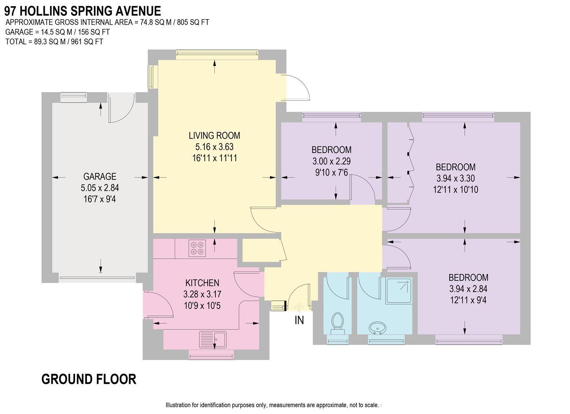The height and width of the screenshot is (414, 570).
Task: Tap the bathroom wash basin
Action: coord(378,328)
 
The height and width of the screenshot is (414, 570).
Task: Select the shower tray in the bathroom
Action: coord(399,291)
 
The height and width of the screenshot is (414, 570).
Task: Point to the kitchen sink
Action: coord(213,340)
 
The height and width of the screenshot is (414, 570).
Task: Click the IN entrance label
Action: coord(299,320)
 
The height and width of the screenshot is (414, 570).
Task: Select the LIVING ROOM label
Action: coord(214,135)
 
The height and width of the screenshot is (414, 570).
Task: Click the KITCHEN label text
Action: coord(202,283)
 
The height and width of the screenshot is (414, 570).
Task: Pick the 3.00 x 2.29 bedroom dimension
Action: coord(331,161)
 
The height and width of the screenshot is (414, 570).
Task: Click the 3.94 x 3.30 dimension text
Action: coord(455,178)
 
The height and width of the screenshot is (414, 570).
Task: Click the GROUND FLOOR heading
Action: coord(89,379)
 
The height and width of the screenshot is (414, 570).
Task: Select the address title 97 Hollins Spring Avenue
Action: coord(82,11)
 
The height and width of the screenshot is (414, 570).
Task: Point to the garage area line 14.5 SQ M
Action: coord(57,32)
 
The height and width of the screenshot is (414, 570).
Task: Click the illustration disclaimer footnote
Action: coord(272,405)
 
